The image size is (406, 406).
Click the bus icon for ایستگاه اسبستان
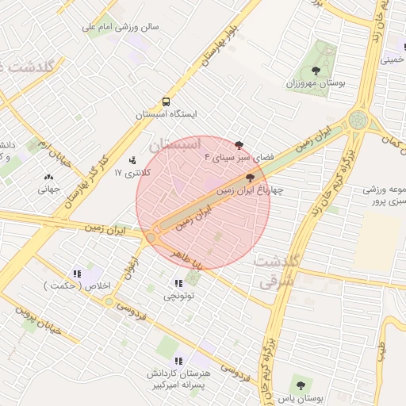[x=166, y=101]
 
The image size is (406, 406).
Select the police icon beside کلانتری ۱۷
[x=132, y=161]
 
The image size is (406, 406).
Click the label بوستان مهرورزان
[x=313, y=83]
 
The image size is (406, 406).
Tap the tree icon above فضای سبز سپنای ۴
[x=239, y=144]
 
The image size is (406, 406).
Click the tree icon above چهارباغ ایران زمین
[x=251, y=178]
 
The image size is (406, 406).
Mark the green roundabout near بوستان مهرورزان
[x=358, y=121]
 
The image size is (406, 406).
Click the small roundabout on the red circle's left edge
[x=151, y=236]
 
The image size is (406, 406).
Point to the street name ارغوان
[x=130, y=268]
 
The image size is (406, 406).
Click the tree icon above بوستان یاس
[x=299, y=385]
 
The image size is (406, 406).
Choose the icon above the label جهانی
[x=48, y=178]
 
